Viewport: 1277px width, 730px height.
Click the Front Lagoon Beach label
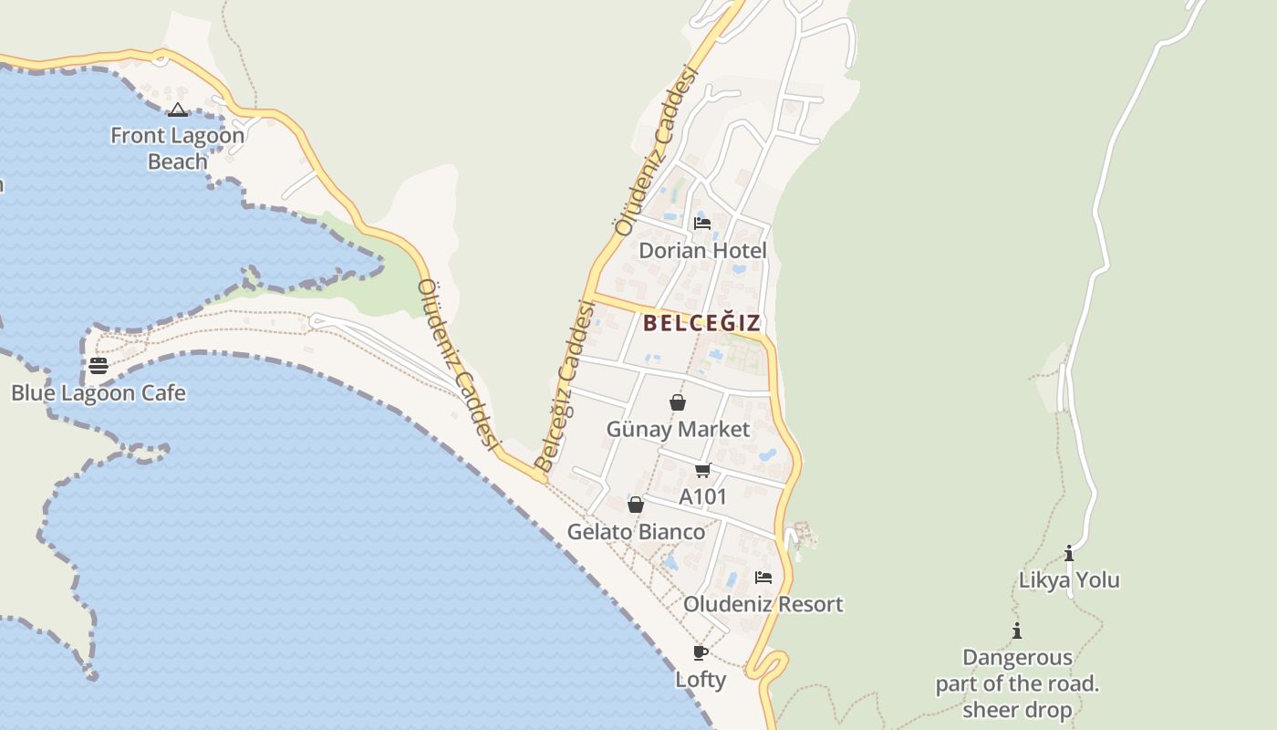pyautogui.click(x=177, y=149)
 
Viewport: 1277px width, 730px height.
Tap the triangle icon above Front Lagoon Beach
pyautogui.click(x=178, y=110)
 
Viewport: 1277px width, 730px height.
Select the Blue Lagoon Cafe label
pyautogui.click(x=99, y=393)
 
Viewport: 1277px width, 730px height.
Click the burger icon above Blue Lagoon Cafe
pyautogui.click(x=99, y=366)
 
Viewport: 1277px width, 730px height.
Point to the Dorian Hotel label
pyautogui.click(x=702, y=250)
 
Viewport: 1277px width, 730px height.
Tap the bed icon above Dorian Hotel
pyautogui.click(x=702, y=223)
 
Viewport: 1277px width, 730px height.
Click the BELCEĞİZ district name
pyautogui.click(x=701, y=323)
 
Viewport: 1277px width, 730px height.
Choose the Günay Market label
pyautogui.click(x=678, y=429)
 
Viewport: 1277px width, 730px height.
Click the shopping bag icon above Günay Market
pyautogui.click(x=678, y=402)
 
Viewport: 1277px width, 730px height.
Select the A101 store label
pyautogui.click(x=703, y=497)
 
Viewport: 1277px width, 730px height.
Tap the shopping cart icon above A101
pyautogui.click(x=702, y=471)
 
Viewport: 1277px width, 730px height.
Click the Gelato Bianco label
pyautogui.click(x=636, y=532)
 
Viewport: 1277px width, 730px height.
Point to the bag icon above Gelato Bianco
pyautogui.click(x=636, y=505)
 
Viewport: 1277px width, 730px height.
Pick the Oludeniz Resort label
pyautogui.click(x=763, y=604)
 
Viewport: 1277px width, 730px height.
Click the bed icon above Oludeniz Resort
pyautogui.click(x=763, y=578)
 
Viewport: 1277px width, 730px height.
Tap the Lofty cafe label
pyautogui.click(x=701, y=680)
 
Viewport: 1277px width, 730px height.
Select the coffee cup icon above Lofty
pyautogui.click(x=701, y=652)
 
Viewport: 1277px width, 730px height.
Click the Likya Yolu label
pyautogui.click(x=1069, y=580)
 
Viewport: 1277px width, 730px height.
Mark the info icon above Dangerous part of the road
pyautogui.click(x=1017, y=631)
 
